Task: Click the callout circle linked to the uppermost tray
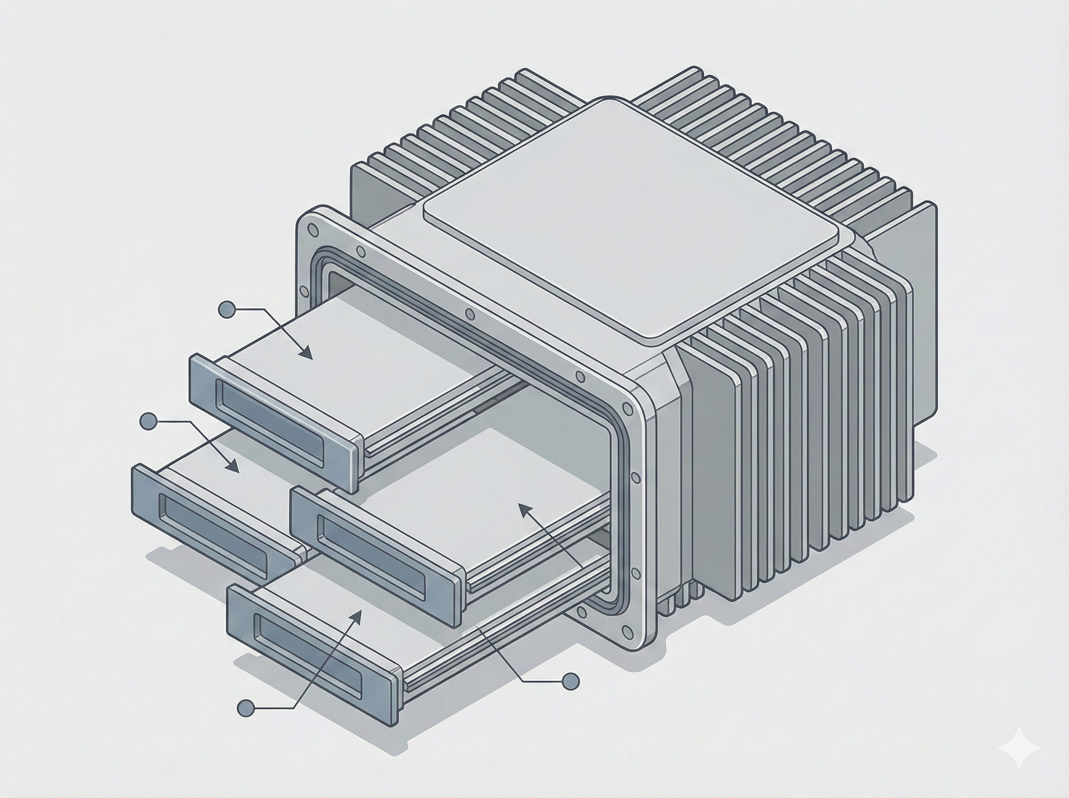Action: pyautogui.click(x=227, y=309)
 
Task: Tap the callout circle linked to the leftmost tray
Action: pyautogui.click(x=148, y=421)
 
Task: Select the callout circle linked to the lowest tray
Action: pyautogui.click(x=246, y=708)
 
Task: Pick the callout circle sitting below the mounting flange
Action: pyautogui.click(x=571, y=681)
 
